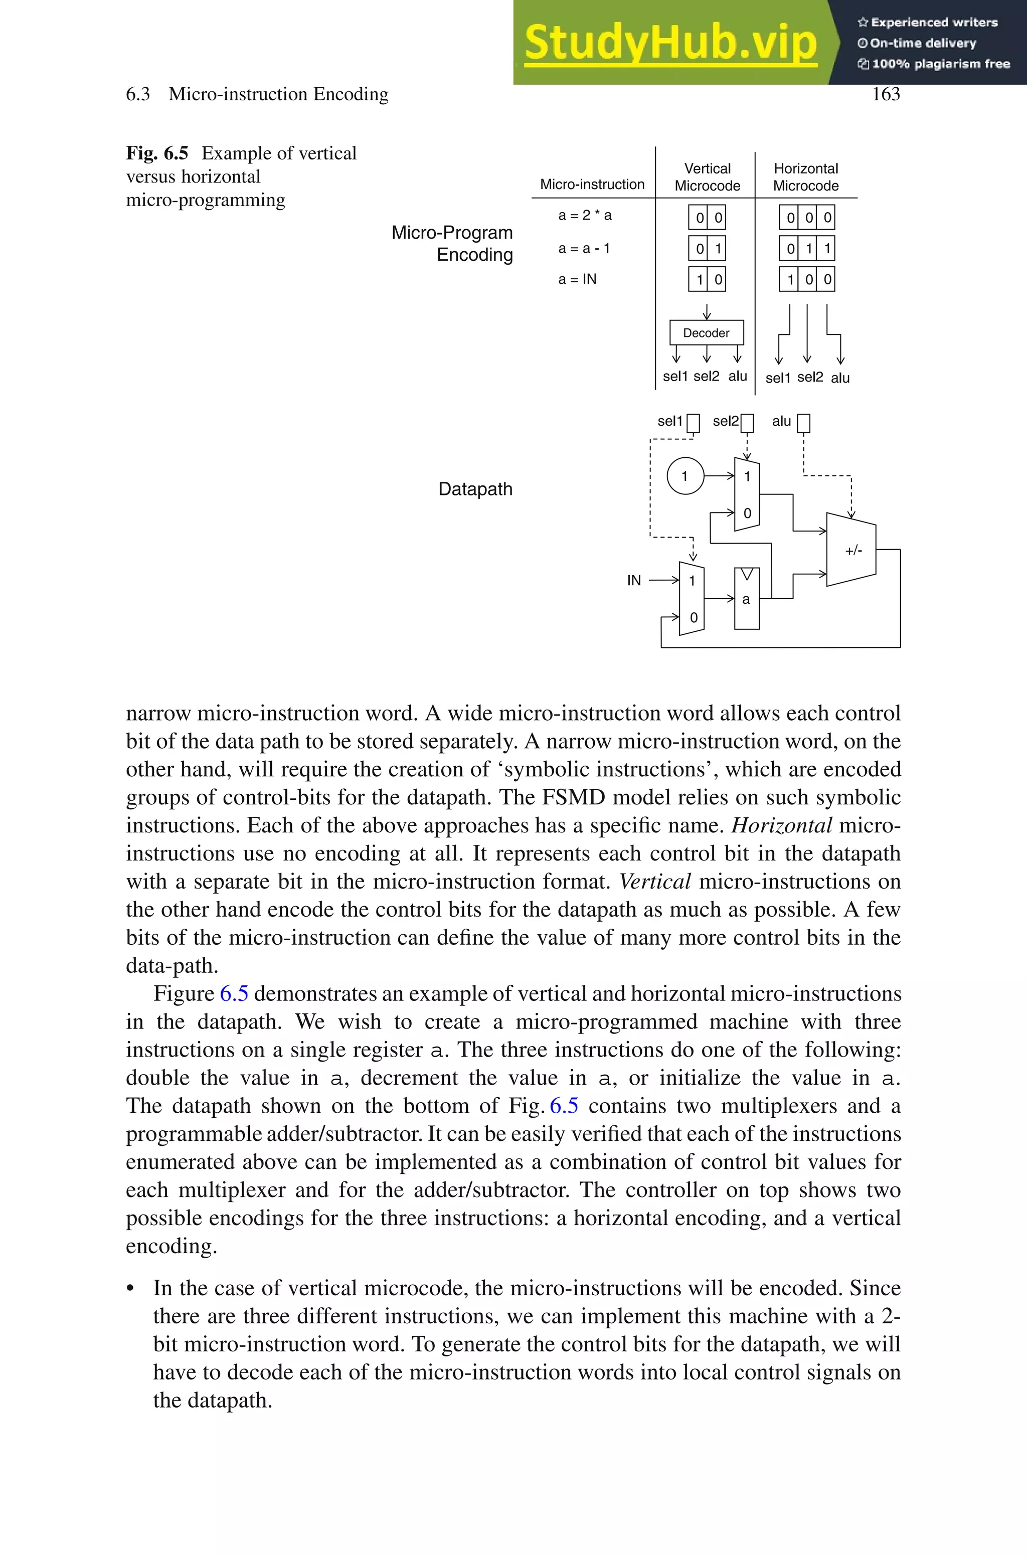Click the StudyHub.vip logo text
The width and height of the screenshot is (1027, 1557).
670,43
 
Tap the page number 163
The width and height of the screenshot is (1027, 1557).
886,94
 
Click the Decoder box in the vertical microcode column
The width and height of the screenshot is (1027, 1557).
706,332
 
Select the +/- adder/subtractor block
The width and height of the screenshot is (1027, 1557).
851,550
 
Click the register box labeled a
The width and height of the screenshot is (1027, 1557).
747,598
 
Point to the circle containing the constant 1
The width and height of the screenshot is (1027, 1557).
685,476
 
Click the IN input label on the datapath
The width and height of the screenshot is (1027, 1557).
633,580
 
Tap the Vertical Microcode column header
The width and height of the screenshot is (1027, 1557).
708,177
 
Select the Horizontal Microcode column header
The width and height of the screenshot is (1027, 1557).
806,177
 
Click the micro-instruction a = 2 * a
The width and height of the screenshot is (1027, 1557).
585,216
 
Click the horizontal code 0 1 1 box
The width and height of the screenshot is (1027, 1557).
807,248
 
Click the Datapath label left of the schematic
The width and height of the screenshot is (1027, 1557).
475,489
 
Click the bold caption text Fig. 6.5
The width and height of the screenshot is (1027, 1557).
157,153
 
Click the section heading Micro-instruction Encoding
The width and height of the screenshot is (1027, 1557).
278,94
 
